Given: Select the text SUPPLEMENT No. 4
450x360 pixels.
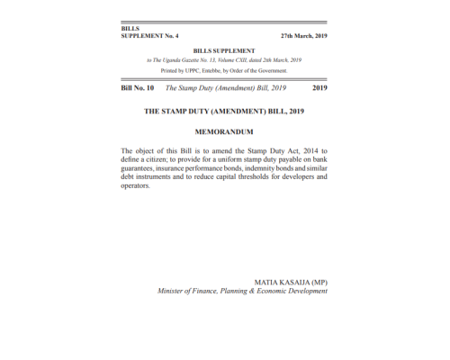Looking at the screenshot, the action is [149, 36].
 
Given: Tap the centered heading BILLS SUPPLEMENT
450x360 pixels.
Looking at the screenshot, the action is [224, 51].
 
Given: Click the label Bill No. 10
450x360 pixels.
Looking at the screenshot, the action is [138, 88].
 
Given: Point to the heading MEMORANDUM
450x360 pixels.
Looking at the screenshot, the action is [224, 131].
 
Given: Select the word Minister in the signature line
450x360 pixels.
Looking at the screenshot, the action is [174, 292].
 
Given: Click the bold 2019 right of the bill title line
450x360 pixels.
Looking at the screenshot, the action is [319, 88].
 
